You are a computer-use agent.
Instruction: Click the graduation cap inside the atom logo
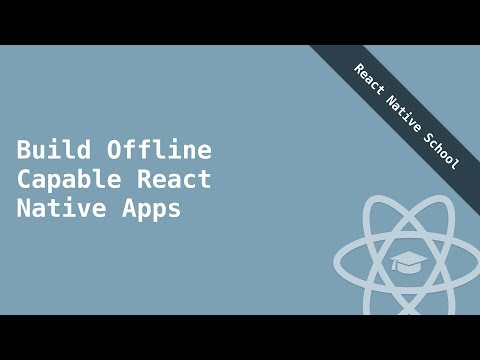(408, 262)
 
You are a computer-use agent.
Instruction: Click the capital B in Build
(24, 150)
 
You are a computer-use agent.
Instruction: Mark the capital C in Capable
(24, 180)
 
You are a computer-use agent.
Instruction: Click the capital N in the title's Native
(24, 210)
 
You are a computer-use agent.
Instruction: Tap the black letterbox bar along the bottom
(240, 337)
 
